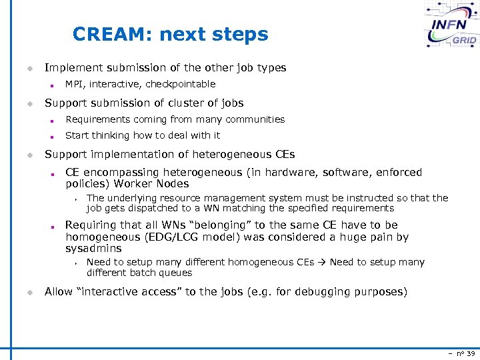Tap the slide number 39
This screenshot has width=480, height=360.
tap(471, 353)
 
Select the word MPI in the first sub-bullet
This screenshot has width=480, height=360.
tap(74, 84)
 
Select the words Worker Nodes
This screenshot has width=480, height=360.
tap(152, 184)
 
